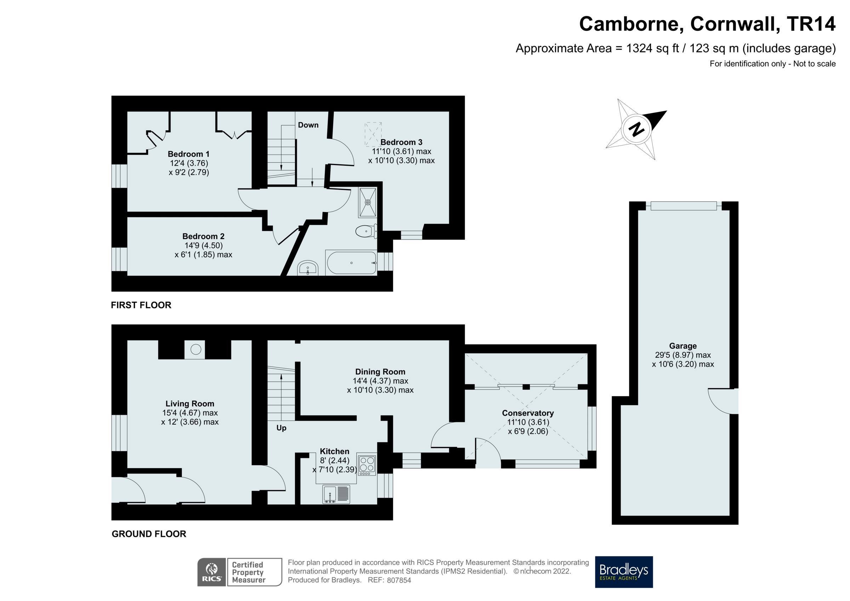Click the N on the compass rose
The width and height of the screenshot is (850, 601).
click(x=636, y=129)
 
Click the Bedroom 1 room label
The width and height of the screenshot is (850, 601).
click(x=188, y=154)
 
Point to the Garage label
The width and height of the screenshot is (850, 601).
click(x=683, y=346)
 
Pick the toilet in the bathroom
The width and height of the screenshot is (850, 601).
click(x=365, y=231)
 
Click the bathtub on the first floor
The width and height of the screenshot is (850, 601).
click(x=351, y=263)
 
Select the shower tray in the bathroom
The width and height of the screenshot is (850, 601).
click(x=367, y=203)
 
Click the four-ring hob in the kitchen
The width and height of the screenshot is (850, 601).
click(x=367, y=464)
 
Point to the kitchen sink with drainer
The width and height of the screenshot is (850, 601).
click(x=336, y=494)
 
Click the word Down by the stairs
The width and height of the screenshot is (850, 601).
click(x=308, y=125)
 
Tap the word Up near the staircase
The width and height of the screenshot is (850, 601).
click(x=281, y=428)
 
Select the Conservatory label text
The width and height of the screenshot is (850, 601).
click(x=528, y=413)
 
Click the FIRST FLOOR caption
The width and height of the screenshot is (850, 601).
click(x=141, y=305)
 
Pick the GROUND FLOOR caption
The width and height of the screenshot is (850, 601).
click(x=149, y=534)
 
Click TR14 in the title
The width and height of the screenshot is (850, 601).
click(x=811, y=24)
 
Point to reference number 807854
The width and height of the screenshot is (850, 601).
click(x=399, y=580)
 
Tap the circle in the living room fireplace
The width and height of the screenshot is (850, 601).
click(x=195, y=349)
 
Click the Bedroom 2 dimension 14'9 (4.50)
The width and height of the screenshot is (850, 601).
click(x=204, y=245)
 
